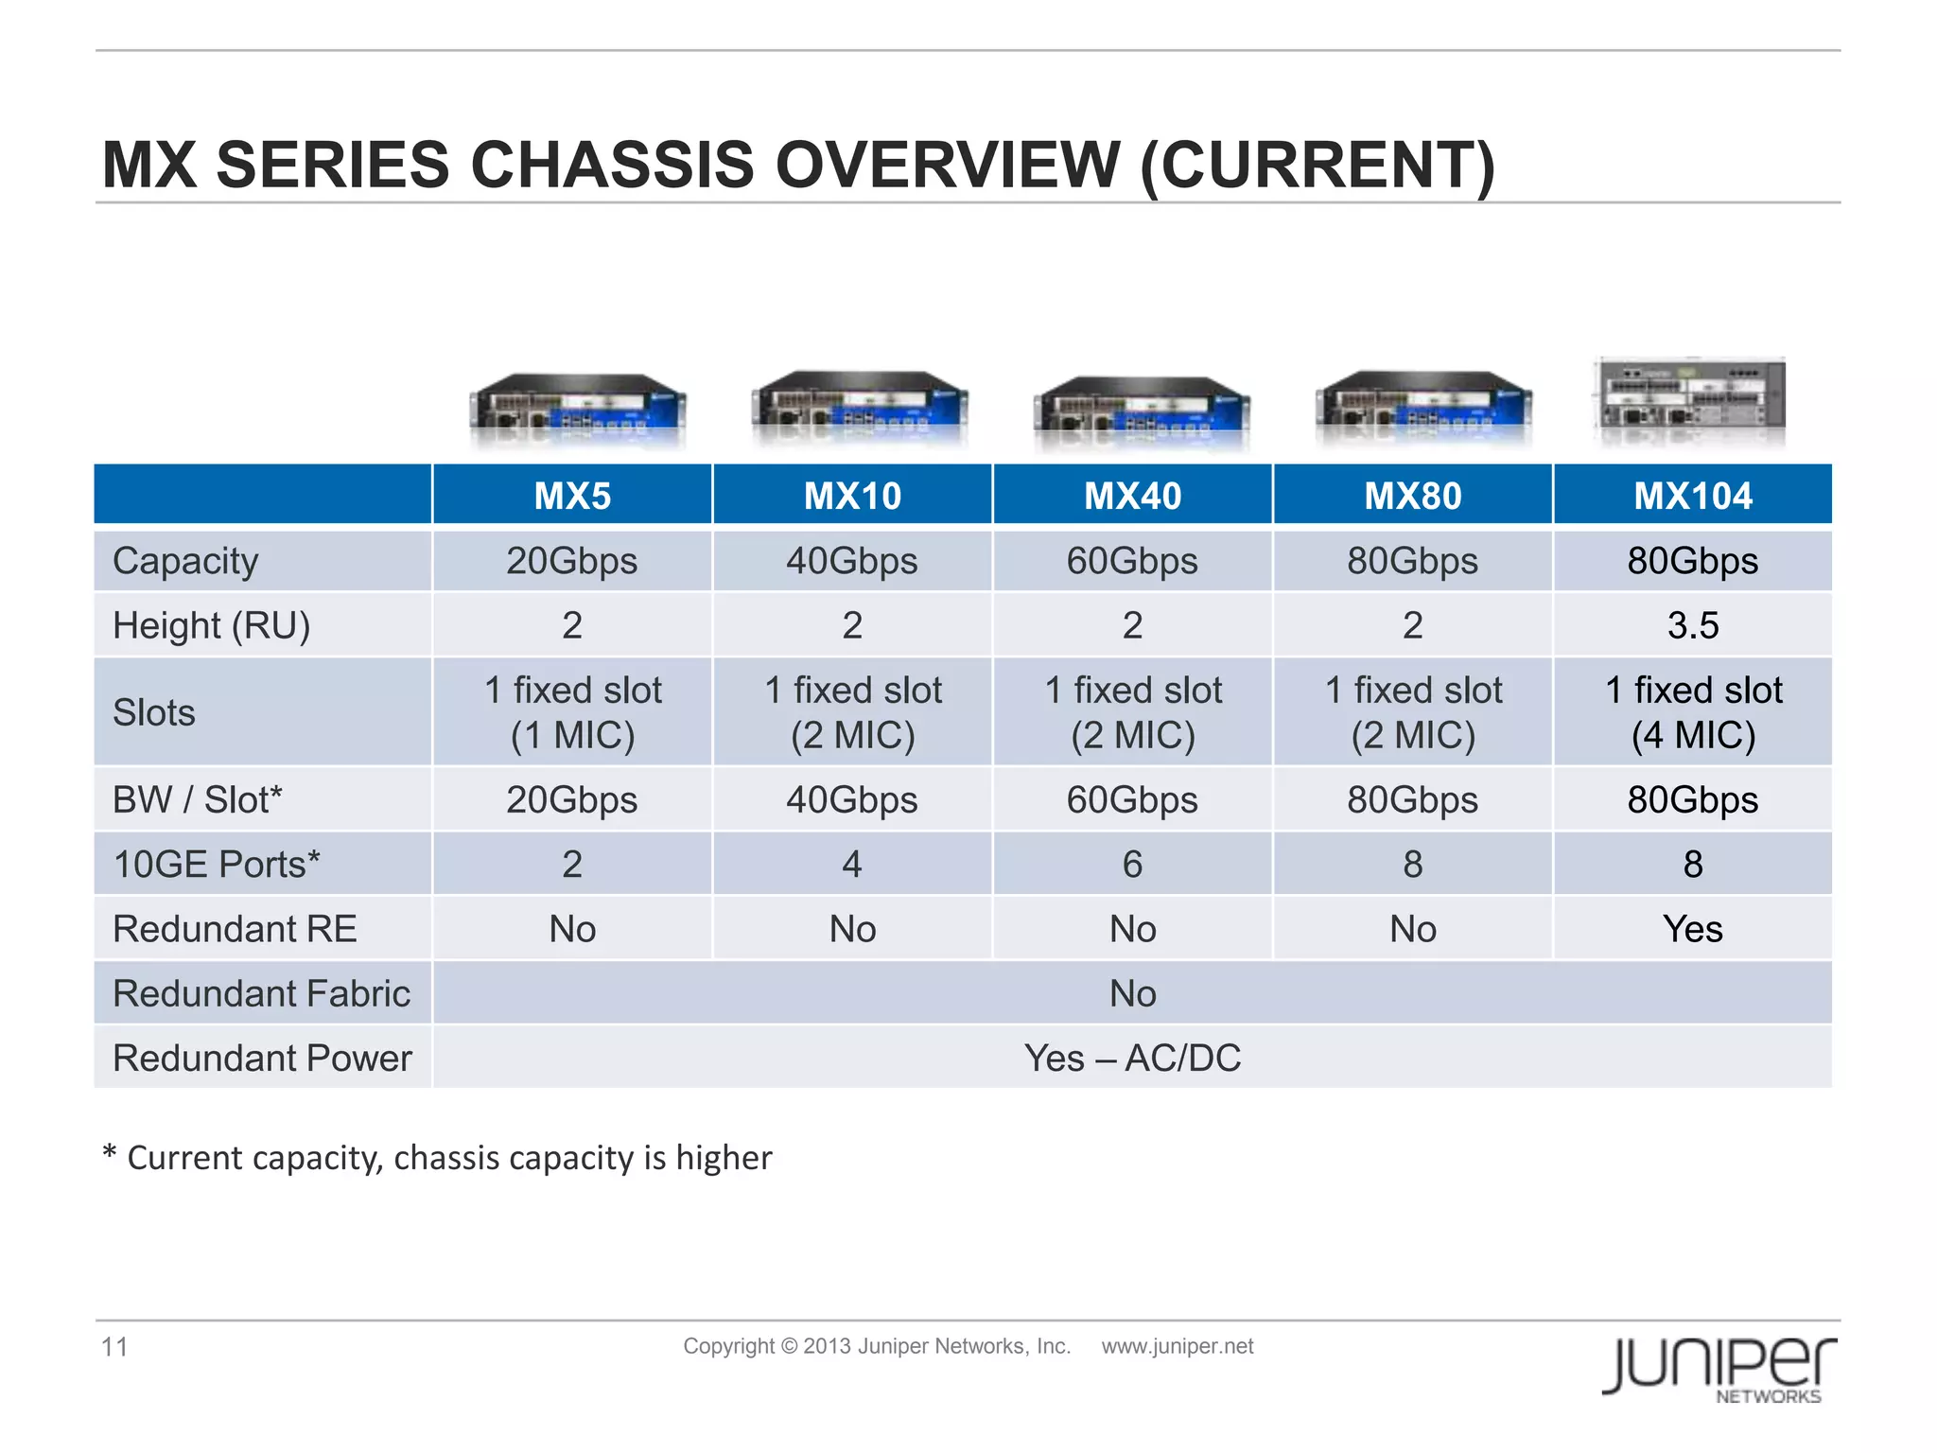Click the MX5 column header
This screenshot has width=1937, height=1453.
(572, 496)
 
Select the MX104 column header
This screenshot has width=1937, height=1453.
(1693, 496)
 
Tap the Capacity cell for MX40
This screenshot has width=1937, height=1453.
(1132, 561)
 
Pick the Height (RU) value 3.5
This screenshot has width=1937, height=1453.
(1693, 625)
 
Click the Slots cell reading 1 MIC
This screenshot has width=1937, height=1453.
(572, 712)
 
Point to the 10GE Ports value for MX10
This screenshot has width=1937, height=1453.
(852, 864)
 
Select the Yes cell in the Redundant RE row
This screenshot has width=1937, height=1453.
(1693, 929)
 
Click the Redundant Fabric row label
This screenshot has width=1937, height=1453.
(261, 993)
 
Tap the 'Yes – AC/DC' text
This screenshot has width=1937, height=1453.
(1132, 1058)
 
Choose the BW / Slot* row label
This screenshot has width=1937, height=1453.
(197, 800)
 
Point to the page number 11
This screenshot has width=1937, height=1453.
(114, 1346)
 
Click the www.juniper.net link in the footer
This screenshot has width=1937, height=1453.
(1177, 1346)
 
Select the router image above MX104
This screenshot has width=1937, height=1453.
(1690, 402)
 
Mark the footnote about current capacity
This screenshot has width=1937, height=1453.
(437, 1158)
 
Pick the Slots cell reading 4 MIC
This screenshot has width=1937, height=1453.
(1693, 712)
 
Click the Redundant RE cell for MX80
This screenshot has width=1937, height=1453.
(1413, 929)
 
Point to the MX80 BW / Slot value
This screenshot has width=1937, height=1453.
(1413, 800)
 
